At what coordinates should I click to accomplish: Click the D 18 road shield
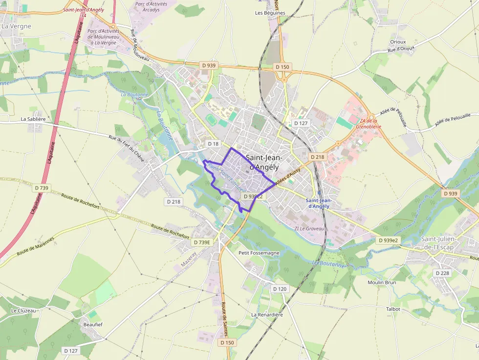(x=214, y=144)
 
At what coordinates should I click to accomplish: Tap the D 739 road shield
(x=42, y=188)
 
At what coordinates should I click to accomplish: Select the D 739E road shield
(x=201, y=242)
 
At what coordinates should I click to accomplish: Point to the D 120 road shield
(x=280, y=289)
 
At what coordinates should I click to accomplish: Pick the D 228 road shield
(x=442, y=273)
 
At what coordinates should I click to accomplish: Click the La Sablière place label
(x=33, y=119)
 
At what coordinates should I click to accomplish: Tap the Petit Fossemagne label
(x=259, y=253)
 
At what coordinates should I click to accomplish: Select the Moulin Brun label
(x=382, y=282)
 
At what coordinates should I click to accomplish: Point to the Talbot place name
(x=393, y=309)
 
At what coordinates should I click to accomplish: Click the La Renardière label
(x=267, y=315)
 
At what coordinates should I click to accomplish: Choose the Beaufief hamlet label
(x=93, y=324)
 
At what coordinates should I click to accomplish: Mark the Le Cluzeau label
(x=23, y=311)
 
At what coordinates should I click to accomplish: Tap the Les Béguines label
(x=270, y=13)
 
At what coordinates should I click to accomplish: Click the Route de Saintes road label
(x=225, y=317)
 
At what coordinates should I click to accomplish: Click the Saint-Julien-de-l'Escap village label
(x=438, y=242)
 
